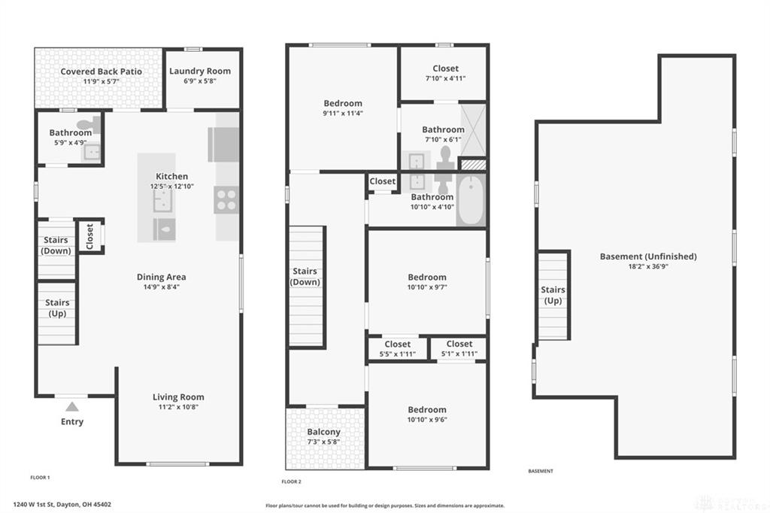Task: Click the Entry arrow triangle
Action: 72,406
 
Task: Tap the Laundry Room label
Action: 200,71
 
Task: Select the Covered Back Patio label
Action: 102,71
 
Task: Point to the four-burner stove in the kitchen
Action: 226,199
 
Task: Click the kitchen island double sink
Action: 162,201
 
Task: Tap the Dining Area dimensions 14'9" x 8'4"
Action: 161,287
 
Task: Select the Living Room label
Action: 178,397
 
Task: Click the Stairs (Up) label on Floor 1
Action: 57,308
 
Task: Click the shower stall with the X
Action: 473,129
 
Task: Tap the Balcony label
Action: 323,432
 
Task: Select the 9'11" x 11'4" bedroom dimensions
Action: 343,113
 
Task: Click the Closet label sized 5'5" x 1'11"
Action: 398,345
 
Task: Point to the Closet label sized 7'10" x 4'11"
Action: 445,68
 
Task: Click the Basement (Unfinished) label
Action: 648,256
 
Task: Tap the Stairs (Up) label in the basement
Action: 553,296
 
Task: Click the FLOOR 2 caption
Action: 291,481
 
